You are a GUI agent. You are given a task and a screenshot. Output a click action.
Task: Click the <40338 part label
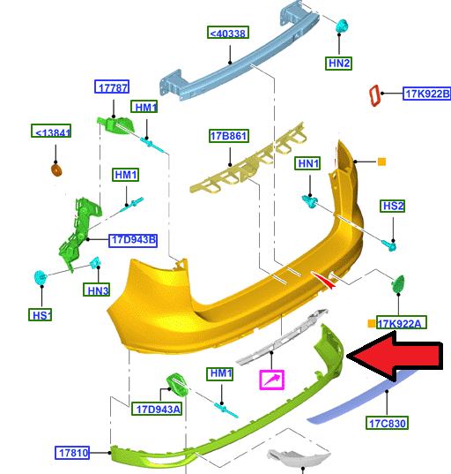[x=228, y=33]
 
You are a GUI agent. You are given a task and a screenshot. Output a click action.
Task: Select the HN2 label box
[x=339, y=64]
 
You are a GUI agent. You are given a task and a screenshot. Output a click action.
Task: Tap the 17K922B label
[x=427, y=94]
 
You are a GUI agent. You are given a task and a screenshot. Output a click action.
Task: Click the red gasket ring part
[x=374, y=95]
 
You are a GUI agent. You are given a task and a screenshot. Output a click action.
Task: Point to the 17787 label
[x=112, y=87]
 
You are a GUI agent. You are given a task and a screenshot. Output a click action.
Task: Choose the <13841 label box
[x=51, y=131]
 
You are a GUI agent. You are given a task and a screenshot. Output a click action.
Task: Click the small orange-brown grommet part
[x=56, y=170]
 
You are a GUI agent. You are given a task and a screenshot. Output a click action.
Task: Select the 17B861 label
[x=229, y=136]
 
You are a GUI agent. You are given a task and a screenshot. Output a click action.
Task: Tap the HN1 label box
[x=307, y=163]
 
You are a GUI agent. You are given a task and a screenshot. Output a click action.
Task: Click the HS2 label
[x=393, y=206]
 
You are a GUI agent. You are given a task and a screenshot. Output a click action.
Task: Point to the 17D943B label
[x=133, y=240]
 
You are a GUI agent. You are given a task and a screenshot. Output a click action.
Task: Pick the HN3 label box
[x=97, y=290]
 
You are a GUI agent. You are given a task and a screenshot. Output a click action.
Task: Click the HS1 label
[x=41, y=315]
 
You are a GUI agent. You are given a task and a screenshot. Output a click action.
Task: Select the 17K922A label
[x=402, y=322]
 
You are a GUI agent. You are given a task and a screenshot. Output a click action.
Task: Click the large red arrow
[x=395, y=356]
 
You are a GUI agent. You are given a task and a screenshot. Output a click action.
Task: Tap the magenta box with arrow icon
[x=272, y=380]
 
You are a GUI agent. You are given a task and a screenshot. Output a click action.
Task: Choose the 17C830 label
[x=387, y=423]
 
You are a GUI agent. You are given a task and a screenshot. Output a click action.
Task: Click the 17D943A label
[x=157, y=409]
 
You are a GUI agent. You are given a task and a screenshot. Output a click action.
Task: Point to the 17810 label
[x=72, y=453]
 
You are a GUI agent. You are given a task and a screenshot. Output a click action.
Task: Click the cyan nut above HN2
[x=342, y=26]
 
